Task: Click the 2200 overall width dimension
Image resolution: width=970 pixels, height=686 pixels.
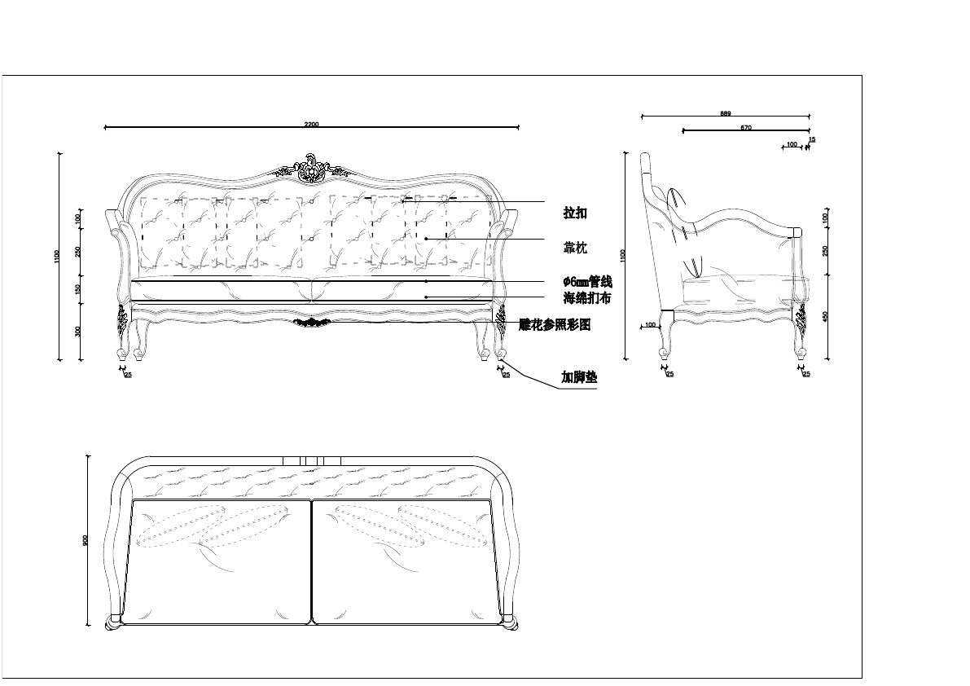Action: click(x=311, y=124)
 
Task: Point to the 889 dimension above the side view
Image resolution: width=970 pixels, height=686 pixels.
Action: click(x=725, y=113)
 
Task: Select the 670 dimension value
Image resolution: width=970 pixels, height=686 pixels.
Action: click(x=746, y=128)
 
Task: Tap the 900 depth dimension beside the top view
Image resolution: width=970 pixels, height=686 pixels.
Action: click(x=86, y=541)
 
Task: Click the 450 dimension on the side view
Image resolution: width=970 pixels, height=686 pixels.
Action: click(x=825, y=316)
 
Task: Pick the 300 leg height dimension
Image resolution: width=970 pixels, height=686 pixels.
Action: click(x=78, y=331)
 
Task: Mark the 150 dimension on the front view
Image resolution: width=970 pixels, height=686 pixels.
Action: click(x=78, y=289)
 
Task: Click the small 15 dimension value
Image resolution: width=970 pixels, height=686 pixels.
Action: click(x=812, y=139)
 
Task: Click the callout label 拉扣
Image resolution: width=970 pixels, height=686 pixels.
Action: click(x=575, y=213)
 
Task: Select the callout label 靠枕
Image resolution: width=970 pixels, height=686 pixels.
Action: click(x=575, y=248)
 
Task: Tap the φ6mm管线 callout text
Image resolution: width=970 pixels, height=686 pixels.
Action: click(x=587, y=282)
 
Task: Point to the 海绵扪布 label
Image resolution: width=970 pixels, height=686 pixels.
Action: click(x=586, y=298)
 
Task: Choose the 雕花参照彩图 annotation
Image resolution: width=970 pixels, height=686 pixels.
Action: click(x=555, y=324)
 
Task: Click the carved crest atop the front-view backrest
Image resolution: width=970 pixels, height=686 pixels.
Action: click(x=311, y=168)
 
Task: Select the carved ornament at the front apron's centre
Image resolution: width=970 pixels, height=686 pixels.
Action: click(x=312, y=322)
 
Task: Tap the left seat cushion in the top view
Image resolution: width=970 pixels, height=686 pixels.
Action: click(x=217, y=562)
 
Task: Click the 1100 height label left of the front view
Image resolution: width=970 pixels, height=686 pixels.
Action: click(x=56, y=256)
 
